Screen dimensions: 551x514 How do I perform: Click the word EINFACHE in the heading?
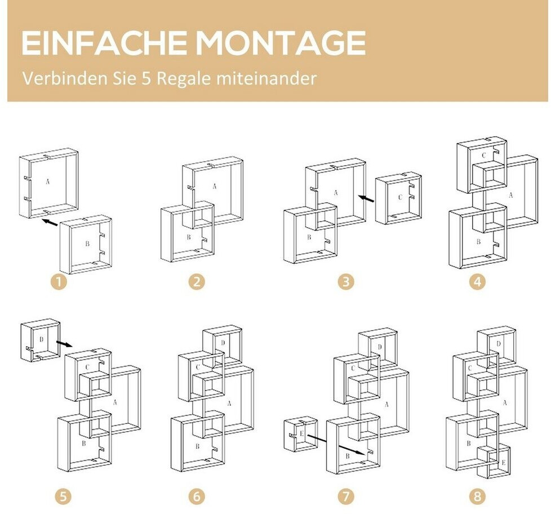(x=104, y=43)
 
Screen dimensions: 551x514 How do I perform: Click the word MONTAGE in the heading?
(x=281, y=43)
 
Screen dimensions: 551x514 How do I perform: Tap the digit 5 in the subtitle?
(x=146, y=78)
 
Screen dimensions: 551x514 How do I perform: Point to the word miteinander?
(x=266, y=78)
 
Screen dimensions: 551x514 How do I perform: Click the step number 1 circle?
(x=59, y=282)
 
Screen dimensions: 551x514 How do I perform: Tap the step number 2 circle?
(x=197, y=282)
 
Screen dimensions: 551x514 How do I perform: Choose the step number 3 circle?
(x=346, y=282)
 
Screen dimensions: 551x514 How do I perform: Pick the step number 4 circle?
(x=477, y=282)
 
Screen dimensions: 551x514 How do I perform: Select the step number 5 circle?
(x=63, y=497)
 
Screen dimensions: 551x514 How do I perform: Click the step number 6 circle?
(x=197, y=497)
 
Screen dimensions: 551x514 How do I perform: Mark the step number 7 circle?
(x=346, y=497)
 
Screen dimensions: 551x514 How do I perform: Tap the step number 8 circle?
(x=477, y=497)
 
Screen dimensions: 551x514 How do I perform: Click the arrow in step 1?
(x=50, y=222)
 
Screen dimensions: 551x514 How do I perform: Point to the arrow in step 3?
(x=366, y=198)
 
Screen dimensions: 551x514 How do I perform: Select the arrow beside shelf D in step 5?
(x=64, y=343)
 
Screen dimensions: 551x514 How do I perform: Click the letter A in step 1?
(x=48, y=181)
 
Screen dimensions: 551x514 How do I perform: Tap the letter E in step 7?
(x=301, y=433)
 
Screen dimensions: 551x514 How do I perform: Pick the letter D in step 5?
(x=42, y=339)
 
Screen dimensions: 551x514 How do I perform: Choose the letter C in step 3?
(x=400, y=197)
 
